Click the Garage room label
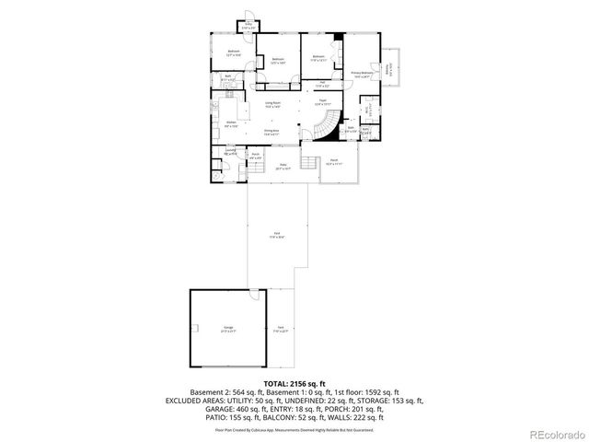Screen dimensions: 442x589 pyautogui.click(x=227, y=328)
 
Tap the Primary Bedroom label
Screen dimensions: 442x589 pyautogui.click(x=362, y=73)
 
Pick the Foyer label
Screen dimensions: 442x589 pyautogui.click(x=322, y=101)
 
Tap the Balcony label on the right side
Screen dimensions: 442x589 pyautogui.click(x=391, y=66)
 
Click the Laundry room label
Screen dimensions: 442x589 pyautogui.click(x=231, y=150)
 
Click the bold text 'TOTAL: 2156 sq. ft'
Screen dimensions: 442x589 pyautogui.click(x=294, y=382)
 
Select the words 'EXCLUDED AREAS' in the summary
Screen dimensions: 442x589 pyautogui.click(x=195, y=401)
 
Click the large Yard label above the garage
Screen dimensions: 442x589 pyautogui.click(x=277, y=236)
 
